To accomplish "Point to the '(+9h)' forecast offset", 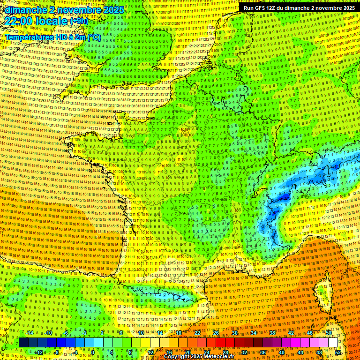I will pyautogui.click(x=78, y=22).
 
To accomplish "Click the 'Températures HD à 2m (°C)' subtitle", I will pyautogui.click(x=53, y=37).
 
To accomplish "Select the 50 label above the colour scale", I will pyautogui.click(x=329, y=333).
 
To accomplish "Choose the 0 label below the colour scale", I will pyautogui.click(x=93, y=352).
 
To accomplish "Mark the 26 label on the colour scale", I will pyautogui.click(x=216, y=333).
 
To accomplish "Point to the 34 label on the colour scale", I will pyautogui.click(x=254, y=333).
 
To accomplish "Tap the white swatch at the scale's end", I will pyautogui.click(x=333, y=343).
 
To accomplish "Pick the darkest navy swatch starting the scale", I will pyautogui.click(x=23, y=343).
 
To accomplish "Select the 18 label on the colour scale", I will pyautogui.click(x=179, y=333).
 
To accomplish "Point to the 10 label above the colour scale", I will pyautogui.click(x=141, y=333).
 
